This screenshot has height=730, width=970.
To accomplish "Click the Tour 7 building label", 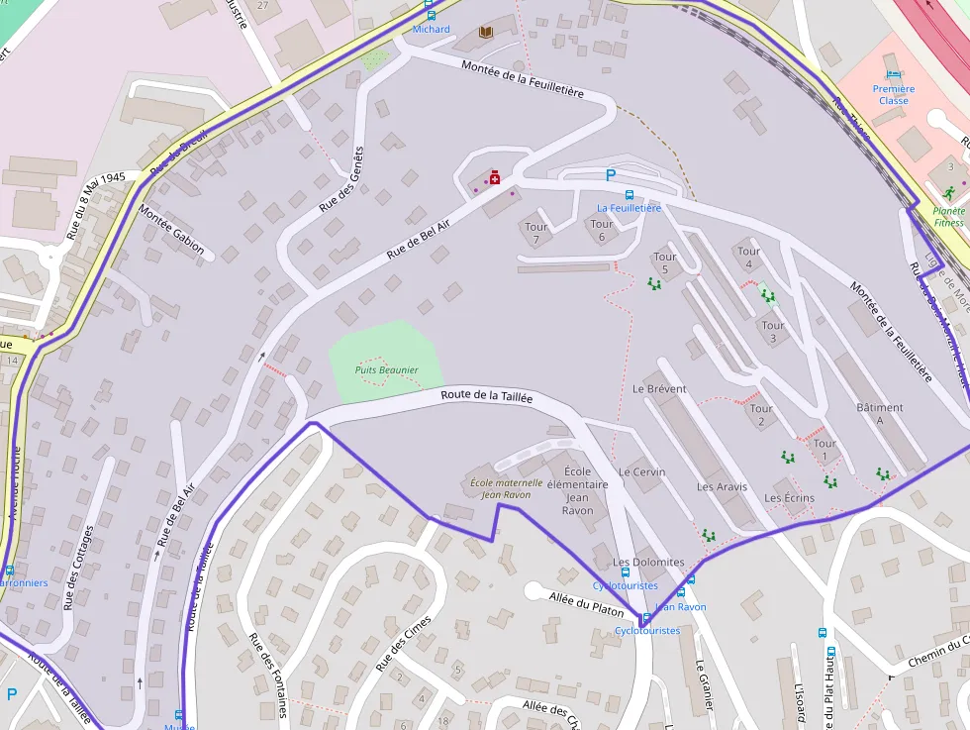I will [536, 233].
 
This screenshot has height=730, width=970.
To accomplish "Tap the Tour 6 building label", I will [602, 231].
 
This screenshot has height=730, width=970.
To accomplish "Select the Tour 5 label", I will [665, 263].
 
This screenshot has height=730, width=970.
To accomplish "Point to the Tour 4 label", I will [749, 258].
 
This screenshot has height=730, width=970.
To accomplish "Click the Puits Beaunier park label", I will [386, 370].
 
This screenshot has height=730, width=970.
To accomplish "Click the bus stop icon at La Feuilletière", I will [630, 194].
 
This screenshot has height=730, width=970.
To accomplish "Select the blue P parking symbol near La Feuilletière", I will [611, 175].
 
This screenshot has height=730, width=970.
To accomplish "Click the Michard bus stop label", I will [431, 30].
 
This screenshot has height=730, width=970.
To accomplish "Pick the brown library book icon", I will [485, 33].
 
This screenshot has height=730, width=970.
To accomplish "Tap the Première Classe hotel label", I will [893, 94].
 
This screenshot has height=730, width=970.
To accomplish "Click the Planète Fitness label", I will [948, 216].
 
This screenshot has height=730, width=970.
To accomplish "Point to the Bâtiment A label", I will [879, 414].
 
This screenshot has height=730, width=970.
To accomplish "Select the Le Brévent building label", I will [659, 389].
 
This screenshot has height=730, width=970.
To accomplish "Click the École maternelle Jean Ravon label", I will [506, 488].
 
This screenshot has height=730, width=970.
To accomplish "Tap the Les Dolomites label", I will [648, 562].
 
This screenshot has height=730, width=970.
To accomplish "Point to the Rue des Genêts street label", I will [341, 180].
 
